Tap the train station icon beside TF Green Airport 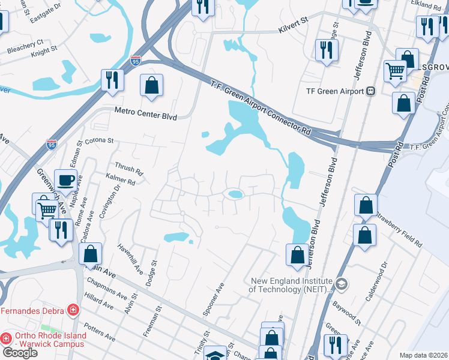click(x=370, y=91)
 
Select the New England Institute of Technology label click(x=292, y=285)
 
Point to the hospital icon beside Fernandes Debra click(x=73, y=310)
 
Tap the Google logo click(x=19, y=353)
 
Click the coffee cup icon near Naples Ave click(x=65, y=180)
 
